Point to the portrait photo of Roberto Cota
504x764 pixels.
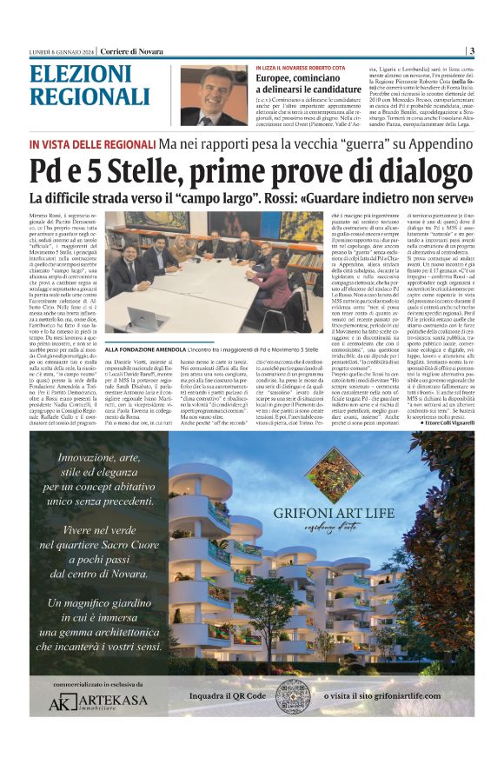click(214, 95)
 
